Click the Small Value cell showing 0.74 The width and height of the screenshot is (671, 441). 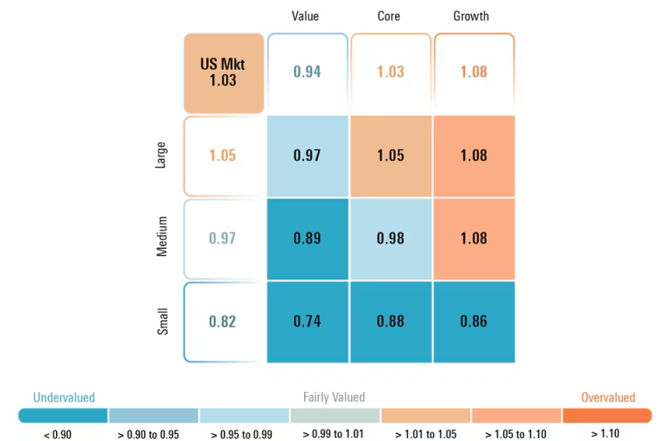click(x=307, y=321)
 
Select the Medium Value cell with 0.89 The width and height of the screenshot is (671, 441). click(x=307, y=238)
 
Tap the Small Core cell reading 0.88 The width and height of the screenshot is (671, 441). click(x=391, y=321)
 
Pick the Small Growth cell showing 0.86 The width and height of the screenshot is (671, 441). click(x=474, y=321)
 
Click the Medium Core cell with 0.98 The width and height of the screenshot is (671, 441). click(x=391, y=238)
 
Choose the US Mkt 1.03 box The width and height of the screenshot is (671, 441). click(x=223, y=72)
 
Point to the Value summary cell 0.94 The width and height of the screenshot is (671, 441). click(x=307, y=72)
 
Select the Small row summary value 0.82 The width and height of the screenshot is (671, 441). click(x=223, y=321)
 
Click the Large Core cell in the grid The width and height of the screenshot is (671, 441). click(x=391, y=155)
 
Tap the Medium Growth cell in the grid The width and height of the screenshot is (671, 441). click(x=474, y=238)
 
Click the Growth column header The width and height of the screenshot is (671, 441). click(x=471, y=17)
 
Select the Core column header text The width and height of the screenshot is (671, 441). click(x=389, y=17)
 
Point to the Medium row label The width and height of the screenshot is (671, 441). click(x=163, y=238)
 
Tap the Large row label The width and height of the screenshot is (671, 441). click(x=163, y=156)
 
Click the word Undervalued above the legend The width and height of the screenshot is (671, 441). click(x=64, y=397)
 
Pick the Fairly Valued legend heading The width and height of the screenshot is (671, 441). click(x=334, y=397)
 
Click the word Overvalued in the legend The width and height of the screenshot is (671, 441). click(x=608, y=397)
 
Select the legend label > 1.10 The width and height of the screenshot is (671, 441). click(x=606, y=432)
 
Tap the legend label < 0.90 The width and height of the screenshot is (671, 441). click(x=63, y=433)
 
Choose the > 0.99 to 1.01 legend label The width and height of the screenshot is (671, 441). click(x=335, y=433)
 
